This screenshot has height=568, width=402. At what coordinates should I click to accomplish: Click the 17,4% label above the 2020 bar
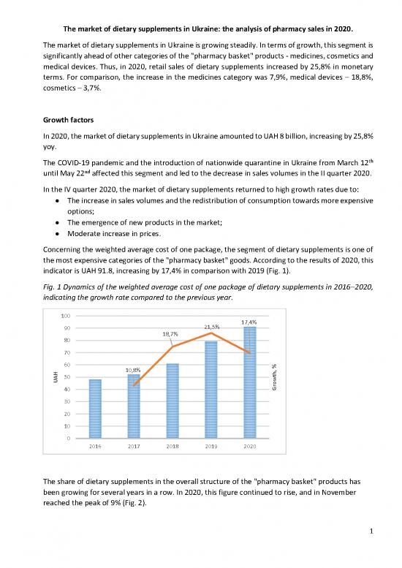(x=249, y=322)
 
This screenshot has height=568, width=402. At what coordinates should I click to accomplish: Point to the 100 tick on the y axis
(x=66, y=316)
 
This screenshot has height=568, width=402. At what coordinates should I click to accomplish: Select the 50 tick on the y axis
(x=67, y=377)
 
